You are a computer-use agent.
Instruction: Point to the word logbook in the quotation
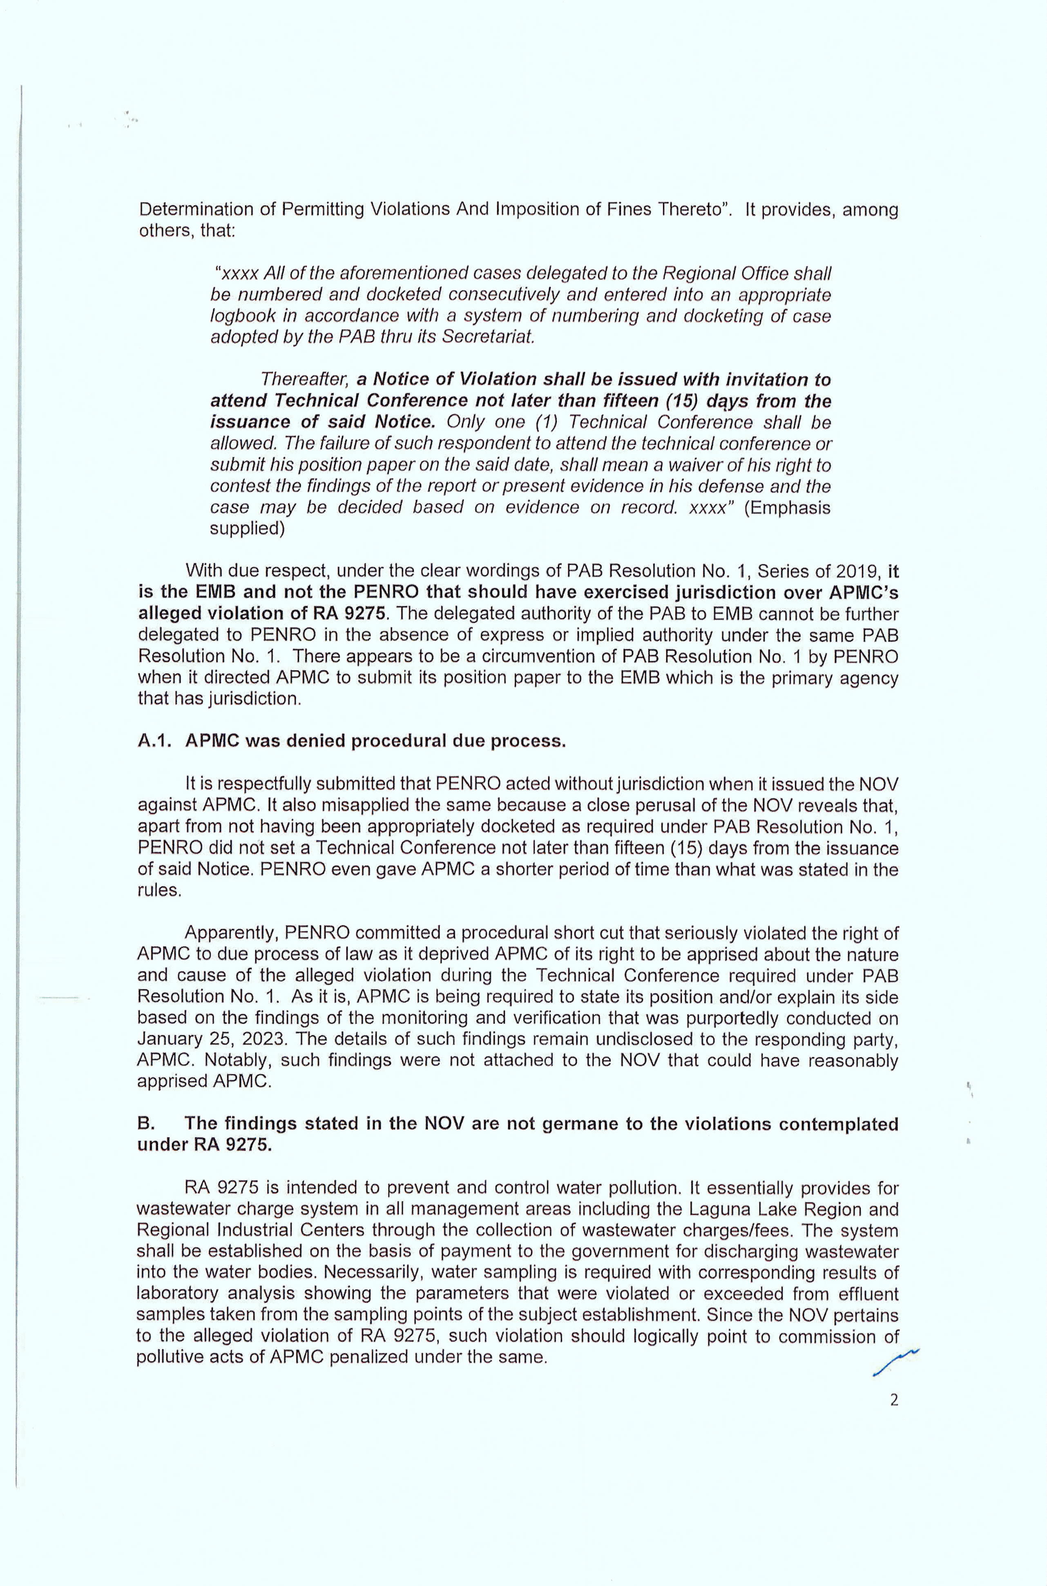pyautogui.click(x=237, y=316)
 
